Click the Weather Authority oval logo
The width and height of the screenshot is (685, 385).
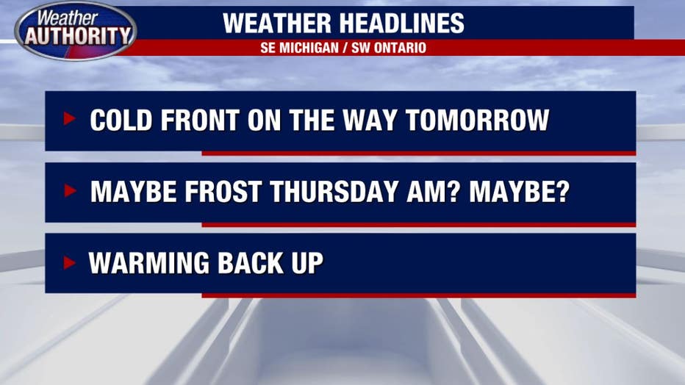pos(76,31)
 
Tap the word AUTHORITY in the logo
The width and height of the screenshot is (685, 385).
pos(78,36)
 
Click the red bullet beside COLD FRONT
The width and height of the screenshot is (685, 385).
pos(70,118)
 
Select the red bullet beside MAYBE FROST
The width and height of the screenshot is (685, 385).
pos(70,190)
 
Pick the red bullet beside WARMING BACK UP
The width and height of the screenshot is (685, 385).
pos(70,262)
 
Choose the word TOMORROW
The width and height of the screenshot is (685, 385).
pos(477,120)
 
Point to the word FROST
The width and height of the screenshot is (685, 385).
pos(223,192)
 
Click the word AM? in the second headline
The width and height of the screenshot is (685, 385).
pos(433,192)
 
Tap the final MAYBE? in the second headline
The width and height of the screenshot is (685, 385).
pos(520,192)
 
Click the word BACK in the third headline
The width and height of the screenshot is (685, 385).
pos(251,263)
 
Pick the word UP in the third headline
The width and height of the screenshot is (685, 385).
pos(307,263)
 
